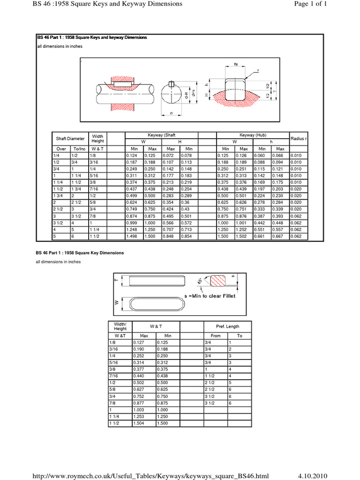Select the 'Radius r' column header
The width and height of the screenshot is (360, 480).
(299, 139)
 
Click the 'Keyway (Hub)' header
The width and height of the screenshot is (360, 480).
(253, 135)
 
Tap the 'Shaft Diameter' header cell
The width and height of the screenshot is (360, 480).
(70, 139)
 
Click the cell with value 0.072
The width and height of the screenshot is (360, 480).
(168, 155)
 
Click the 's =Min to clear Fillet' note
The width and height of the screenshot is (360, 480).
(210, 296)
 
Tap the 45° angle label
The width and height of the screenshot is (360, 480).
(201, 281)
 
